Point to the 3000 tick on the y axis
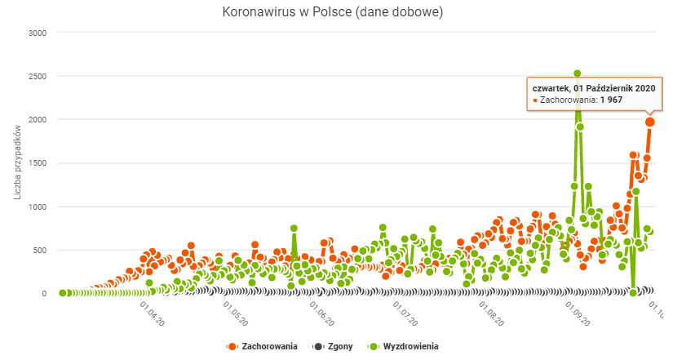pos(37,33)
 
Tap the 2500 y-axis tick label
pos(37,76)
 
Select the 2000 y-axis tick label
pos(37,120)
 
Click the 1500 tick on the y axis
pos(37,163)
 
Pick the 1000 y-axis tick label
pos(37,207)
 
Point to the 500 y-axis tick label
pos(39,250)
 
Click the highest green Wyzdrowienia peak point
pos(578,74)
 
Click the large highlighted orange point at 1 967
pos(650,122)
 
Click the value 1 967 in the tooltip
pos(611,100)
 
